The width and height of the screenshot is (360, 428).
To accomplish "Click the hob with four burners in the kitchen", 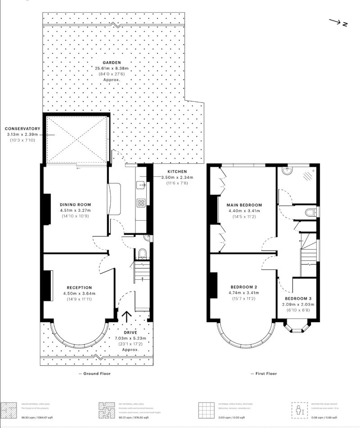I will [x=141, y=202].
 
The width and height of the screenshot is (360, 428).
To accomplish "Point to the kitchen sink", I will [x=141, y=184].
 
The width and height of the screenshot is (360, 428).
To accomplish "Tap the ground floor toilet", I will [x=142, y=255].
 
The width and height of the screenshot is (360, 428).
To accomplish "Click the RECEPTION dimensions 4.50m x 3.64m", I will [x=79, y=293].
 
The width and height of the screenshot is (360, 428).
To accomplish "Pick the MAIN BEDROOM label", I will [x=245, y=205].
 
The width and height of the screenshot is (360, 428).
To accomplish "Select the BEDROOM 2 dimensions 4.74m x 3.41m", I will [x=245, y=293].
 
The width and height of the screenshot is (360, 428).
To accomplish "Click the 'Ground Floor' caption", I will [x=94, y=373].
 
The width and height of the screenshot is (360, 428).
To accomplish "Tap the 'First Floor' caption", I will [x=265, y=373].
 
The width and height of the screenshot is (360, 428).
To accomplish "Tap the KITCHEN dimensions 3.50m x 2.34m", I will [x=178, y=178].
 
